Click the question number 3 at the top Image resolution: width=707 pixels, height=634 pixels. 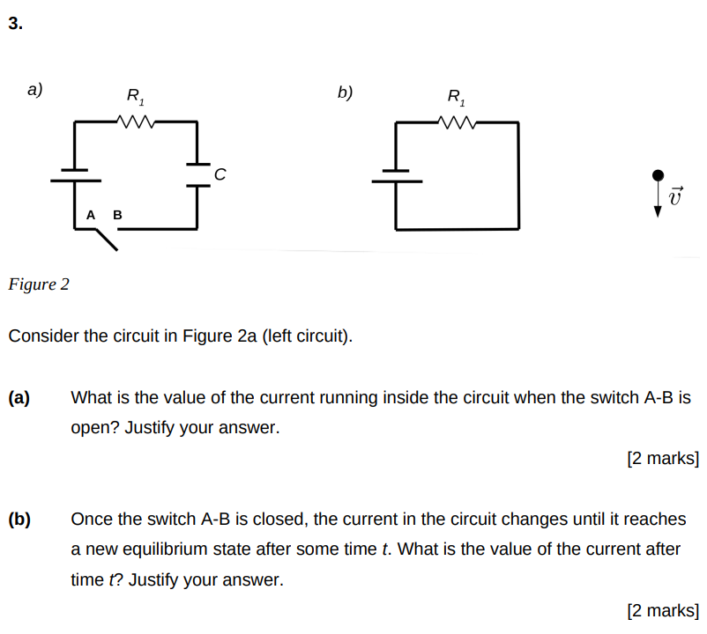point(15,24)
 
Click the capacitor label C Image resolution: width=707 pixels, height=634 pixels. point(220,176)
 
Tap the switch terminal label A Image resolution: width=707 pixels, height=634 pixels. point(91,215)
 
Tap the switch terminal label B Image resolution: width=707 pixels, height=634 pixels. point(117,215)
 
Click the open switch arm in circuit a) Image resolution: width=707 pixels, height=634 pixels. point(106,239)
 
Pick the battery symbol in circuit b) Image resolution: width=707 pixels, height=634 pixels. point(396,176)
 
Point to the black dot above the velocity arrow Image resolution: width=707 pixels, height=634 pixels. point(657,176)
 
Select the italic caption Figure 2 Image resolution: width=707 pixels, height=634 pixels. point(38,284)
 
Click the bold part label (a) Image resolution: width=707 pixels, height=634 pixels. point(19,398)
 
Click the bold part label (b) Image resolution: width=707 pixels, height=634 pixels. point(19,520)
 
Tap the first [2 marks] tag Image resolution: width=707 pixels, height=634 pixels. point(663,459)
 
